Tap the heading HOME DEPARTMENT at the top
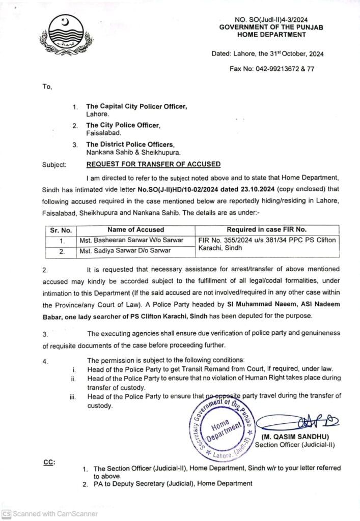point(271,35)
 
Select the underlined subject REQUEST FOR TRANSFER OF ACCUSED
point(153,164)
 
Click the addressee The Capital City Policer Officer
point(136,107)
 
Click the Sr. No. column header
point(61,230)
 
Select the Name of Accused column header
point(135,230)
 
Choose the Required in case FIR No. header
point(266,230)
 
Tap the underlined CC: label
point(49,462)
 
